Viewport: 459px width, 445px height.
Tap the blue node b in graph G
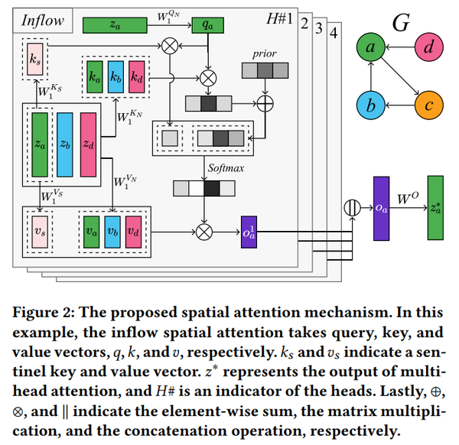[371, 106]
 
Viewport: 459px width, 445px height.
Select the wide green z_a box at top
[115, 25]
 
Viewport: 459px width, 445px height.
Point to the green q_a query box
[207, 25]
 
